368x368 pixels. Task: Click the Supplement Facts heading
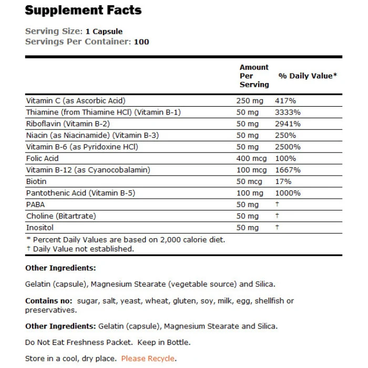[x=83, y=11]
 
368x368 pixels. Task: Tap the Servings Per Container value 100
[x=141, y=42]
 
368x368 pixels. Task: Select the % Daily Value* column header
[x=308, y=76]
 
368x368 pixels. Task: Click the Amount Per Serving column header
[x=254, y=76]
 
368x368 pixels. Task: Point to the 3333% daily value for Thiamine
[x=287, y=112]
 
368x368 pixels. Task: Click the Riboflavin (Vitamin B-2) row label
[x=67, y=124]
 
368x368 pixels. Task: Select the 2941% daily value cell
[x=287, y=124]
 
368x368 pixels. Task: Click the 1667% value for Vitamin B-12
[x=287, y=170]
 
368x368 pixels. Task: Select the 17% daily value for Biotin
[x=283, y=181]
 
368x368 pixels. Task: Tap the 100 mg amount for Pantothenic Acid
[x=252, y=193]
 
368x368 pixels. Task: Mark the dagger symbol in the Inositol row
[x=277, y=228]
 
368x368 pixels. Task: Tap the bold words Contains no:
[x=49, y=301]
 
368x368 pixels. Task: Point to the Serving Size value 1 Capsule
[x=104, y=32]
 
